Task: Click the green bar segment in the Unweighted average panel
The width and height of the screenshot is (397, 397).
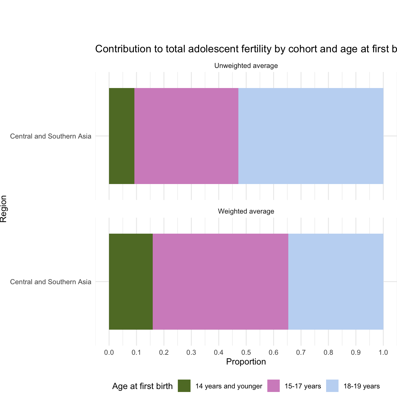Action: (x=122, y=136)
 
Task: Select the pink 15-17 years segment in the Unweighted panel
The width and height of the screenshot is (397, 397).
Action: (x=186, y=136)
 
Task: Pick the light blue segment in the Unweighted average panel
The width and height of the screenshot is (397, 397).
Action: (x=311, y=136)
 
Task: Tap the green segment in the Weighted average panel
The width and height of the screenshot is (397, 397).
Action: (x=131, y=282)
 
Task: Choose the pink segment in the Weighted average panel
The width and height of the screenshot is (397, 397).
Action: (x=220, y=282)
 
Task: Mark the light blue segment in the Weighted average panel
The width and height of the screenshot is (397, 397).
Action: (x=336, y=282)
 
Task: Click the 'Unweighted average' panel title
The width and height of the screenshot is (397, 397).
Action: (x=246, y=66)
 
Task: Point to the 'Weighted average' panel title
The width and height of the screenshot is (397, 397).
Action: (x=246, y=211)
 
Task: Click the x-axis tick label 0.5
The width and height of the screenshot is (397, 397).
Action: (x=246, y=352)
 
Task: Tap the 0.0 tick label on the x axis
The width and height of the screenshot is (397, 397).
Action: (x=109, y=352)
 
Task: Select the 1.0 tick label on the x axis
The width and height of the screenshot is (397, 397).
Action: (x=383, y=352)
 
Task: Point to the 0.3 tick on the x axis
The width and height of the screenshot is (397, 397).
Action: (x=191, y=352)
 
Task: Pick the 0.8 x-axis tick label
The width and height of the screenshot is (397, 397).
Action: (x=328, y=352)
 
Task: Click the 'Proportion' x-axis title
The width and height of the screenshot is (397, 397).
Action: (x=246, y=362)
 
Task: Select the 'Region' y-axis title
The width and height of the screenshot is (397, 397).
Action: (x=4, y=209)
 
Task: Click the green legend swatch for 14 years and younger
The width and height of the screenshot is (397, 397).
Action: (x=184, y=386)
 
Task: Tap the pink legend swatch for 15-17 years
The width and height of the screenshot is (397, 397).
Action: (x=274, y=386)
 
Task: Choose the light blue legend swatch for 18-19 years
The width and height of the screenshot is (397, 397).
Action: (x=332, y=386)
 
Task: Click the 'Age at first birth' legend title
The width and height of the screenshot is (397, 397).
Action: (x=142, y=386)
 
